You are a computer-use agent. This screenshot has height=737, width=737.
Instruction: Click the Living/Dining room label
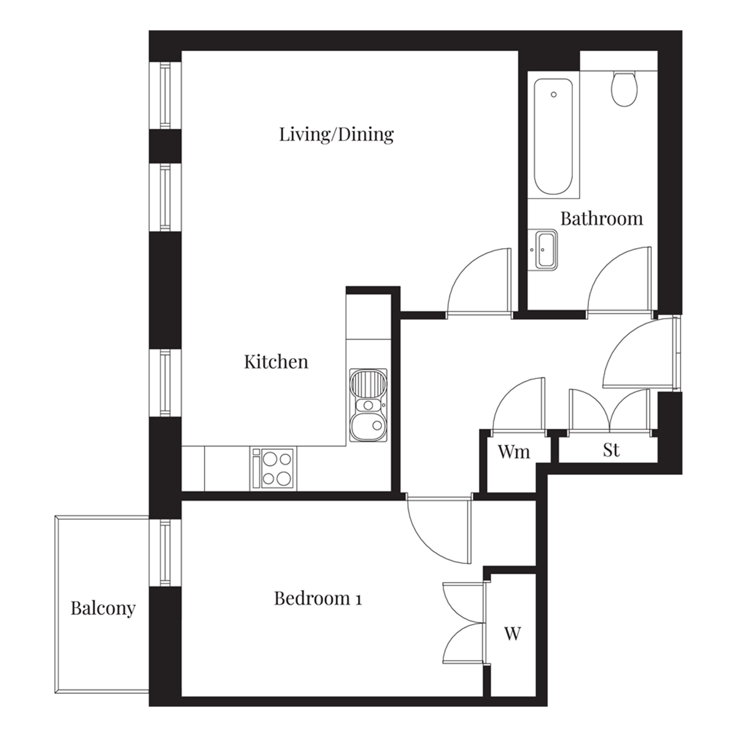(336, 135)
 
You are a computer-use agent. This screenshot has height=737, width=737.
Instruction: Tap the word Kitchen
(276, 361)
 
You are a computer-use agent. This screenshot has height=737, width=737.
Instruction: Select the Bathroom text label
(602, 219)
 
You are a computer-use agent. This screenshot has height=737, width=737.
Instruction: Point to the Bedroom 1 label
(318, 598)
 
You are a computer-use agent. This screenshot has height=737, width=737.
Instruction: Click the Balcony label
(103, 609)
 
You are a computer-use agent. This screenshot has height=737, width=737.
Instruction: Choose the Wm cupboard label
(514, 452)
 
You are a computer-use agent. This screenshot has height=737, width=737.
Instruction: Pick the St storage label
(610, 450)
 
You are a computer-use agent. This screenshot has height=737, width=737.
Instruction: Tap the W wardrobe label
(512, 634)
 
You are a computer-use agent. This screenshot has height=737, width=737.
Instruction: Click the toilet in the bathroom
(624, 88)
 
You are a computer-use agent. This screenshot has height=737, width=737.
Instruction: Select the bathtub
(553, 136)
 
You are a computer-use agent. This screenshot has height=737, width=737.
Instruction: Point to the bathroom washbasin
(543, 250)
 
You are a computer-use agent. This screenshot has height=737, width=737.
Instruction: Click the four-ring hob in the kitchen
(273, 468)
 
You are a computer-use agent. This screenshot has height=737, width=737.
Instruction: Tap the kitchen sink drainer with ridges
(368, 384)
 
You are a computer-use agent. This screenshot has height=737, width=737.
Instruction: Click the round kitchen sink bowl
(368, 426)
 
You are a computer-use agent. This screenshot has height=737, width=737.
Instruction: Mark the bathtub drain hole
(553, 95)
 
